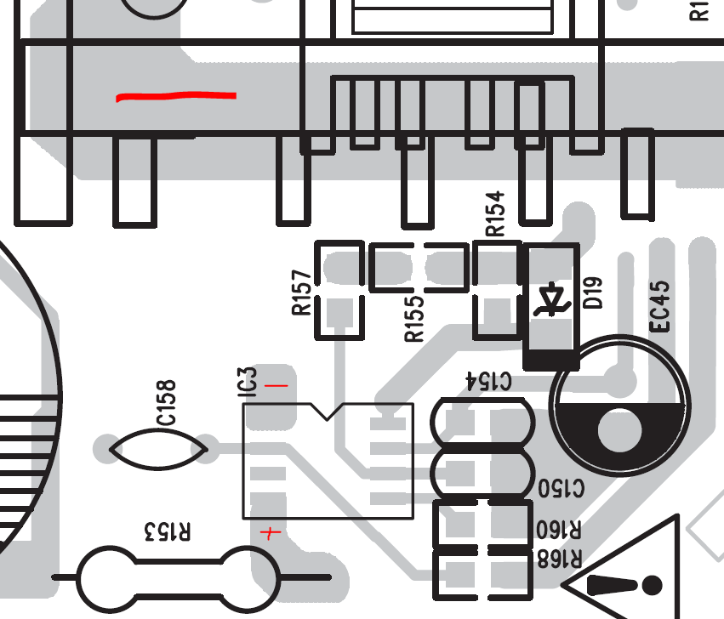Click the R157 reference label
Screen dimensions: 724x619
pyautogui.click(x=302, y=292)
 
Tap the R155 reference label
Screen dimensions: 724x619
pyautogui.click(x=414, y=319)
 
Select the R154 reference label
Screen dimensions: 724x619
pyautogui.click(x=495, y=213)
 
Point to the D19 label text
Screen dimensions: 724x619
pyautogui.click(x=593, y=292)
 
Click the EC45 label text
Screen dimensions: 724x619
pyautogui.click(x=659, y=306)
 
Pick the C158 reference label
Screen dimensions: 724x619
pyautogui.click(x=166, y=402)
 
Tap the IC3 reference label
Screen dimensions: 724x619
pyautogui.click(x=247, y=383)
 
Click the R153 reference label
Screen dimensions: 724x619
pyautogui.click(x=167, y=531)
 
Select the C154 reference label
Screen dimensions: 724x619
pyautogui.click(x=488, y=381)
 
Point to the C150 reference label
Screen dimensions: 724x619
pyautogui.click(x=561, y=488)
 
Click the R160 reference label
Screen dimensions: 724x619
pyautogui.click(x=559, y=530)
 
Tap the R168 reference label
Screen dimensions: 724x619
pyautogui.click(x=560, y=559)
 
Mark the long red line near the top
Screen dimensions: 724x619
pyautogui.click(x=176, y=96)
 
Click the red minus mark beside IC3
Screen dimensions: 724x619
pyautogui.click(x=276, y=385)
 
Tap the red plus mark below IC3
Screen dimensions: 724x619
pyautogui.click(x=271, y=534)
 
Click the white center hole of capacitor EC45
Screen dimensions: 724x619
pyautogui.click(x=619, y=430)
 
